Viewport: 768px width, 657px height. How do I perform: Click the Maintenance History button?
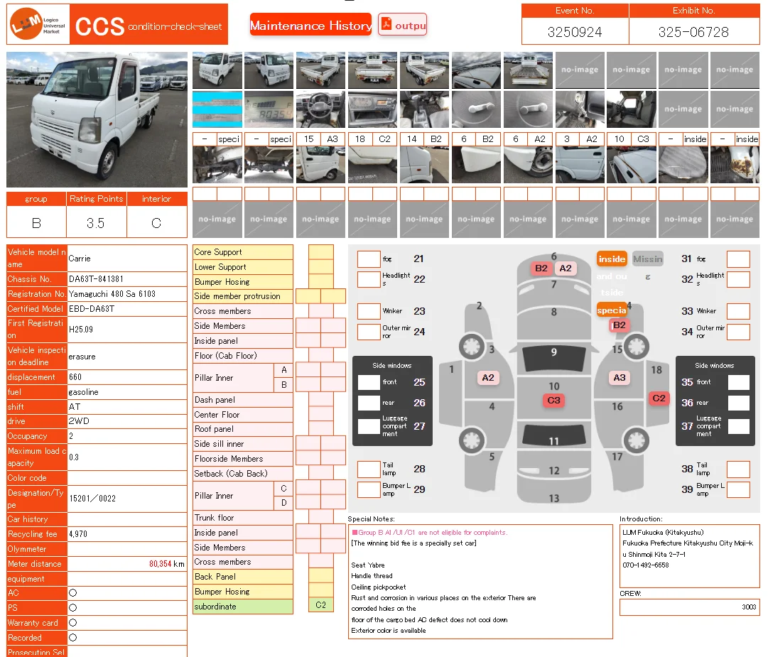click(x=310, y=26)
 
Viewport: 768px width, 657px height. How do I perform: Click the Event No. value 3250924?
click(x=575, y=32)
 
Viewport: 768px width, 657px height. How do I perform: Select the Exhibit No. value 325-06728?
click(x=693, y=32)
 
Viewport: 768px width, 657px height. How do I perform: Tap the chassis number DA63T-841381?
click(x=96, y=279)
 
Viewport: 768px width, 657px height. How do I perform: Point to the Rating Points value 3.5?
click(x=96, y=223)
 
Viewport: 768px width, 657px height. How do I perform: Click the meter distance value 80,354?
click(x=160, y=564)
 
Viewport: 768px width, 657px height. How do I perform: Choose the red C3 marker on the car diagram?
click(x=553, y=401)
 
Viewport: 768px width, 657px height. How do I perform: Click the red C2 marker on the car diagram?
click(x=659, y=398)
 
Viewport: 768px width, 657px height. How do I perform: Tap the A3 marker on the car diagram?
click(x=620, y=378)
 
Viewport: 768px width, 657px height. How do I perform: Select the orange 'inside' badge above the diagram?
click(x=612, y=259)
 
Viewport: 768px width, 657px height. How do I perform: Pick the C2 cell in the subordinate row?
click(x=321, y=606)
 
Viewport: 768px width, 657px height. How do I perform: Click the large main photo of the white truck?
click(x=97, y=119)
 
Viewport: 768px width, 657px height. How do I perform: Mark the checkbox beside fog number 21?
click(x=369, y=259)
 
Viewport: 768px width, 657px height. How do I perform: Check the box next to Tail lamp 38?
click(x=738, y=469)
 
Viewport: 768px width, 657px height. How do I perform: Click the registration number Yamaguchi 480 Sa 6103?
click(x=112, y=294)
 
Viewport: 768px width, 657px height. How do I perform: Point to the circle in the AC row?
click(x=72, y=593)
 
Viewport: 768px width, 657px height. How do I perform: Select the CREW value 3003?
click(x=749, y=607)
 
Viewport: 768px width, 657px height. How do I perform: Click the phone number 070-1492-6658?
click(x=646, y=565)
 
